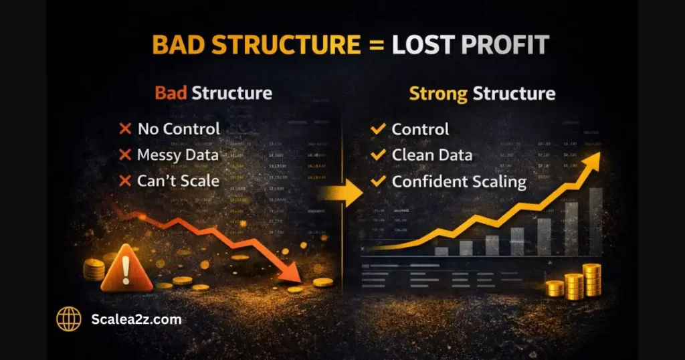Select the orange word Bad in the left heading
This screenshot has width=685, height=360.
170,92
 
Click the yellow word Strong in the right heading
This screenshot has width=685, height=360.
438,93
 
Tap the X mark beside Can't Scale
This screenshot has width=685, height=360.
124,181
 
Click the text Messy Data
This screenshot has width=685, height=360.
178,155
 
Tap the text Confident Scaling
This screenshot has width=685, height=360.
459,181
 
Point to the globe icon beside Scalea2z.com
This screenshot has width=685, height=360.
68,319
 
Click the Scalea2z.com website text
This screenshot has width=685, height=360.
136,319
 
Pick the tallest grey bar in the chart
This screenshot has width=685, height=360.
595,221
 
